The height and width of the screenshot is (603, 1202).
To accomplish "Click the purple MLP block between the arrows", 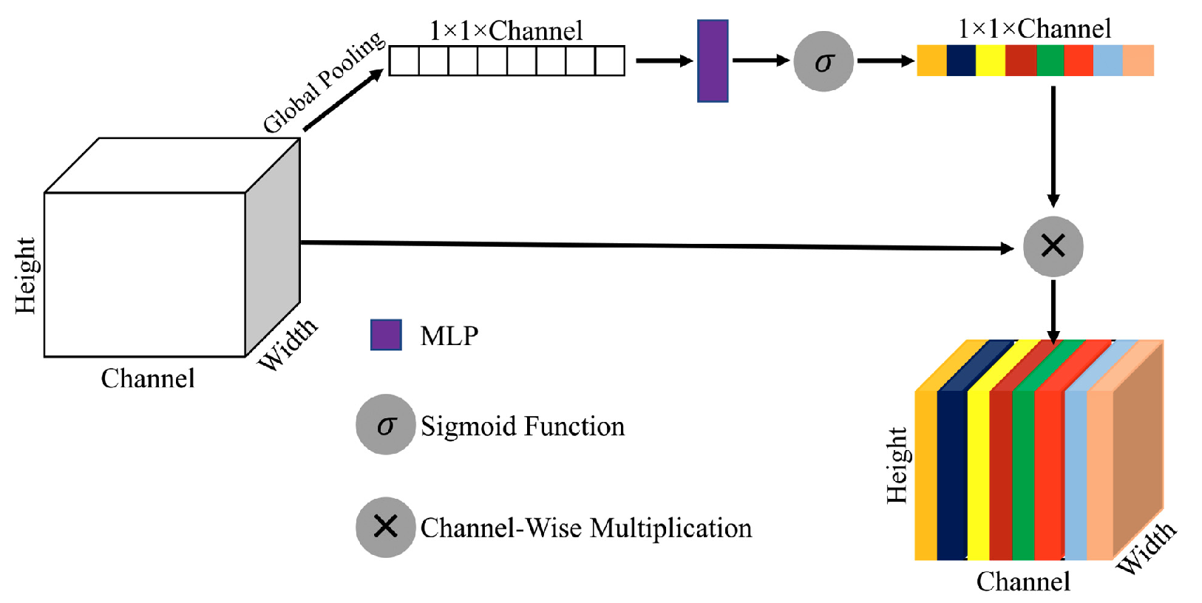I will pyautogui.click(x=713, y=61).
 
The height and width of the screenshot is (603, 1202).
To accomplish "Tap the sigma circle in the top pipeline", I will pyautogui.click(x=824, y=61).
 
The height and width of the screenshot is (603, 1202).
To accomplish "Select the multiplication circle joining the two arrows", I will pyautogui.click(x=1053, y=247).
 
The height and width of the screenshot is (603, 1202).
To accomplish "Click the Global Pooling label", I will pyautogui.click(x=324, y=81).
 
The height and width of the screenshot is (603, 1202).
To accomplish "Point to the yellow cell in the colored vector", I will pyautogui.click(x=990, y=61).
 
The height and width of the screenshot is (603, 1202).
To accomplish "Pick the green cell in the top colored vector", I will pyautogui.click(x=1050, y=61).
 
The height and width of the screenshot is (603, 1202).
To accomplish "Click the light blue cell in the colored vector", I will pyautogui.click(x=1107, y=61).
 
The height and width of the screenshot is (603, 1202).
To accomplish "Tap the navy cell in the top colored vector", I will pyautogui.click(x=960, y=61).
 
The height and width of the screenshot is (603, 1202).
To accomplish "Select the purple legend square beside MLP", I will pyautogui.click(x=386, y=335).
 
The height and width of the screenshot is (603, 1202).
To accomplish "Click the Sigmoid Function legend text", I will pyautogui.click(x=522, y=426).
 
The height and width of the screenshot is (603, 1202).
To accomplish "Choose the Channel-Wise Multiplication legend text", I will pyautogui.click(x=585, y=528).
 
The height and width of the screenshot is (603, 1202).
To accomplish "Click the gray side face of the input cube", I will pyautogui.click(x=273, y=248).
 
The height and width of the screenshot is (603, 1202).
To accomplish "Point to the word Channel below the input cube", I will pyautogui.click(x=148, y=378).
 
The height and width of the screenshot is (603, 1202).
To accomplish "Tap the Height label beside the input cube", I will pyautogui.click(x=25, y=275).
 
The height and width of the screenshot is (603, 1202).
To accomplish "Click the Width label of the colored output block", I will pyautogui.click(x=1145, y=548).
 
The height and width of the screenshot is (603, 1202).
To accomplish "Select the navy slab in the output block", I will pyautogui.click(x=951, y=473).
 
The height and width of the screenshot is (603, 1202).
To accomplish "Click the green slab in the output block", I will pyautogui.click(x=1023, y=473).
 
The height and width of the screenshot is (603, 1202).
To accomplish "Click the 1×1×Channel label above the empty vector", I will pyautogui.click(x=506, y=31).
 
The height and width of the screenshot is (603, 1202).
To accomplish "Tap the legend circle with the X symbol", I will pyautogui.click(x=385, y=527).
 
